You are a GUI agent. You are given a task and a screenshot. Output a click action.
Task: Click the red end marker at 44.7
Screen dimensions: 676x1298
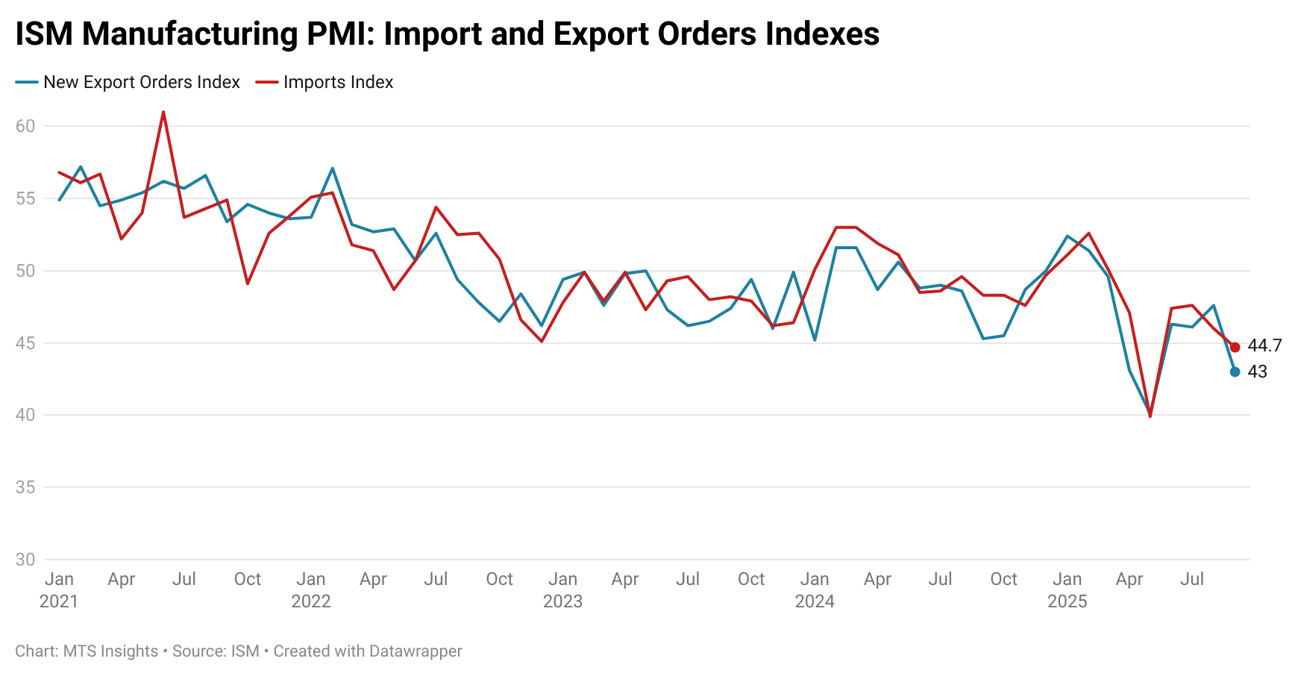tap(1235, 347)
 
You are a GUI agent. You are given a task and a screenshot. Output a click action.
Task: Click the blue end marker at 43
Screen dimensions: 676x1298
tap(1235, 372)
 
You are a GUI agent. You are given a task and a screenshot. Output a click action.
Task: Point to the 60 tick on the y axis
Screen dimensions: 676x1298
tap(25, 126)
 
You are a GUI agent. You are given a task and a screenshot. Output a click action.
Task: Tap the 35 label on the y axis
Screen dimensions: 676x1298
tap(25, 487)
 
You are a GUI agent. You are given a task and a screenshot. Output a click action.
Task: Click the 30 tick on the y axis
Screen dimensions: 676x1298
tap(25, 560)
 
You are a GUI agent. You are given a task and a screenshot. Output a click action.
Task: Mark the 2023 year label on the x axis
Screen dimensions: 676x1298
tap(562, 601)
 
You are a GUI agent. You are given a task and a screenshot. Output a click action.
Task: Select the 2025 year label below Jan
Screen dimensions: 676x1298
tap(1067, 601)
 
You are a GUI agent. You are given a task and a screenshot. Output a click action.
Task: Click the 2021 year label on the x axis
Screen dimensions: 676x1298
tap(59, 601)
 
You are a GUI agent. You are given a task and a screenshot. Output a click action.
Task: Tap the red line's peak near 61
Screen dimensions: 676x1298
tap(163, 113)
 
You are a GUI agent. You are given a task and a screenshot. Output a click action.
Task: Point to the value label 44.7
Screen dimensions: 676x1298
tap(1264, 345)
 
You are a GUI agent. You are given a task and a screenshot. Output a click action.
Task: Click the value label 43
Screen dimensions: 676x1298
tap(1257, 372)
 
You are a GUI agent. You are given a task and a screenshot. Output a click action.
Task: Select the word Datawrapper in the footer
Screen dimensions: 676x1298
tap(415, 651)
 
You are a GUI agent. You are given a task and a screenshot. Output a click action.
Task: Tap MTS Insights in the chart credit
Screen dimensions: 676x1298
tap(110, 651)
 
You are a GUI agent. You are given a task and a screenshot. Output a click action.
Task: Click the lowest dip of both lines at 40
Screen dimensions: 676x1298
tap(1150, 415)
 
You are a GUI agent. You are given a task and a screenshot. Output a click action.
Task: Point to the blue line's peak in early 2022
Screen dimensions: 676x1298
tap(332, 169)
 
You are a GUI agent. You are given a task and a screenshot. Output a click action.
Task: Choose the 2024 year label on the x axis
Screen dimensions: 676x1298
tap(815, 601)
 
